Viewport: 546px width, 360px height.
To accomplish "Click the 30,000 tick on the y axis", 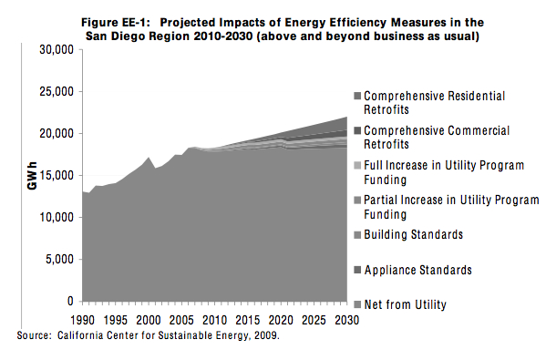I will point(54,49).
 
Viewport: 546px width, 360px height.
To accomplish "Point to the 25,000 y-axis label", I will point(54,92).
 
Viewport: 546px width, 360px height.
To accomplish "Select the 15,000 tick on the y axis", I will point(54,176).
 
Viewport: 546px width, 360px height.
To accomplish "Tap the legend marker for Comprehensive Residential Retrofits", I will point(357,96).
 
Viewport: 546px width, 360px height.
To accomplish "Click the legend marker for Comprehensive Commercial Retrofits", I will point(357,131).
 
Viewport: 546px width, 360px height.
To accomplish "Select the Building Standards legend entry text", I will point(413,235).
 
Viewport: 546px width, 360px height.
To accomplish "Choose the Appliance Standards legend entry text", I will point(417,270).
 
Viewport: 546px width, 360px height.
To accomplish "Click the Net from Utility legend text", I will point(407,303).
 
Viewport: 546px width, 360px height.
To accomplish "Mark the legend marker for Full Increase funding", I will point(357,166).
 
